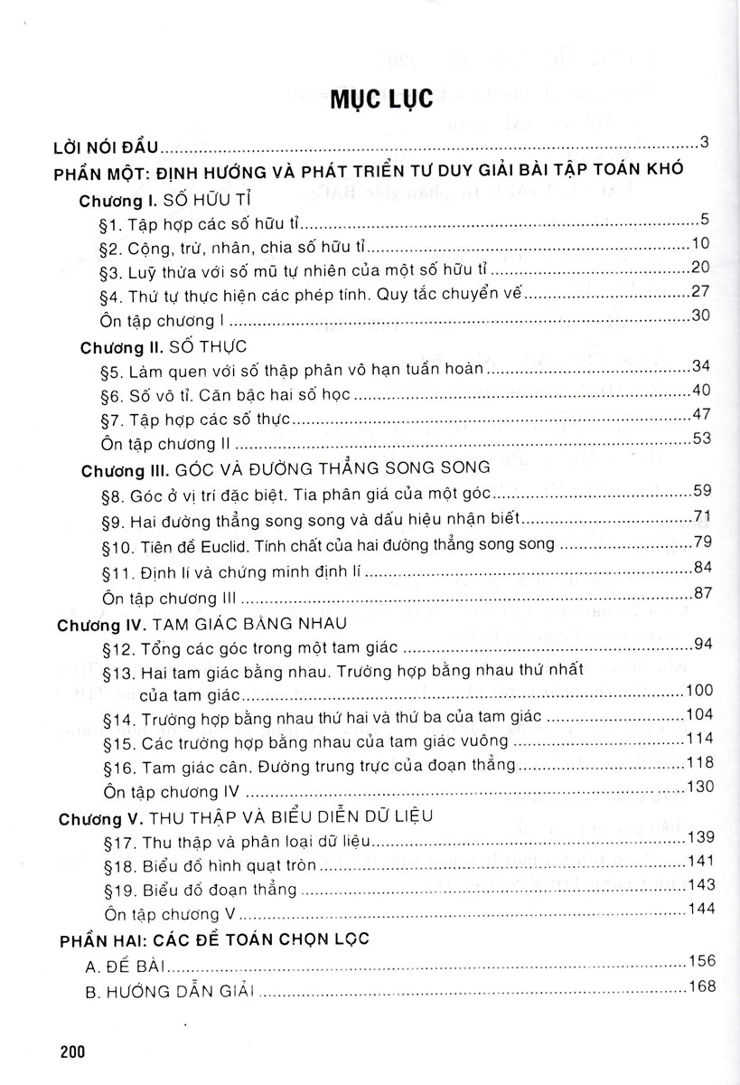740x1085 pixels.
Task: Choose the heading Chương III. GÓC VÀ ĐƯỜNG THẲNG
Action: [285, 469]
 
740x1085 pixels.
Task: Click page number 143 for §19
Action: [700, 883]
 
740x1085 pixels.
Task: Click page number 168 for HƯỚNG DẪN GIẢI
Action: [700, 986]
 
